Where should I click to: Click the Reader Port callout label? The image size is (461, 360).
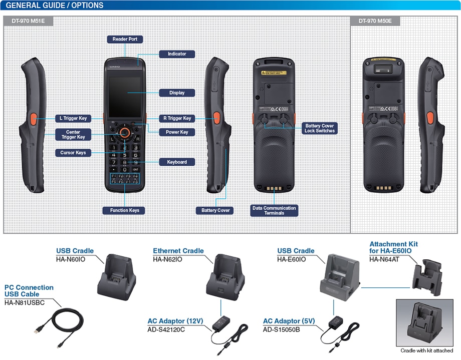(125, 39)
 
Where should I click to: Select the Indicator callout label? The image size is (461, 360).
(177, 54)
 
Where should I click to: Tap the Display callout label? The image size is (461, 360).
(177, 93)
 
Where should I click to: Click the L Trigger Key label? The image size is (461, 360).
(73, 119)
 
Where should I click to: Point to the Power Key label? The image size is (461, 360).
(177, 132)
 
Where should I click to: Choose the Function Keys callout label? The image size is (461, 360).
(125, 210)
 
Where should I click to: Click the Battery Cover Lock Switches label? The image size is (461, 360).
(319, 128)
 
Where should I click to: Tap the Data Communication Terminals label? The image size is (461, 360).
(275, 210)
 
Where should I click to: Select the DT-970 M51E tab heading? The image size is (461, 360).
(28, 22)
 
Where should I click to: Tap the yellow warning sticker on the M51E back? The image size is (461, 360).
(273, 73)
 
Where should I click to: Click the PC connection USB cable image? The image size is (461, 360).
(59, 325)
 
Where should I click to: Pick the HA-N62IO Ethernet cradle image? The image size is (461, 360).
(221, 276)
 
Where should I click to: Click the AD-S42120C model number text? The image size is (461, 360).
(166, 329)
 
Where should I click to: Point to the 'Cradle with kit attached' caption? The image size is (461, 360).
(426, 350)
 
